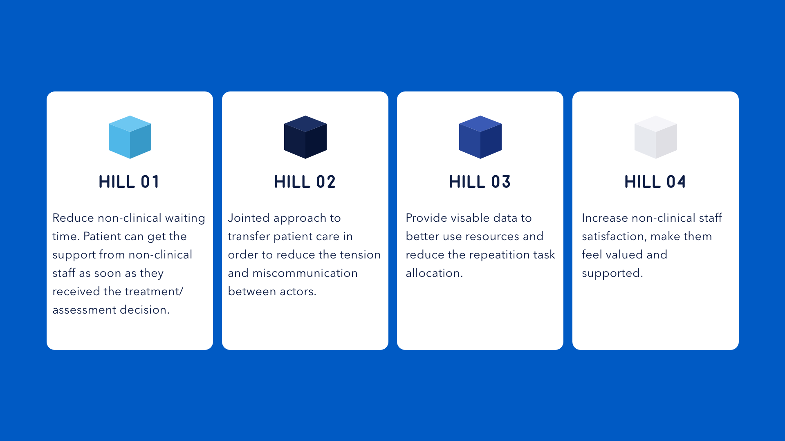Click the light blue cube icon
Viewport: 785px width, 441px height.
coord(130,137)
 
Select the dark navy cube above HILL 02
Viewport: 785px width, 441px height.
coord(305,137)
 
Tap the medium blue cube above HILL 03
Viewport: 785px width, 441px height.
coord(480,137)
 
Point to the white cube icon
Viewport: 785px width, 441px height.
coord(656,137)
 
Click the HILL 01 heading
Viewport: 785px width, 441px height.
coord(129,182)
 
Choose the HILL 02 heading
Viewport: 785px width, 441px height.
coord(305,182)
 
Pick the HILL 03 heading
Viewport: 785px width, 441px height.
coord(480,182)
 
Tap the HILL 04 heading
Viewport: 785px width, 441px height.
coord(655,182)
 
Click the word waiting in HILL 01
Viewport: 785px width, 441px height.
coord(185,218)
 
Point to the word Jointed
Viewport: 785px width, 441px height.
coord(249,218)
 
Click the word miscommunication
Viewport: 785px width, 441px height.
coord(305,273)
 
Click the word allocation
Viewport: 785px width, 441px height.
coord(434,273)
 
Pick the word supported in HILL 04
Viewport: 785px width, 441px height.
coord(612,274)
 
